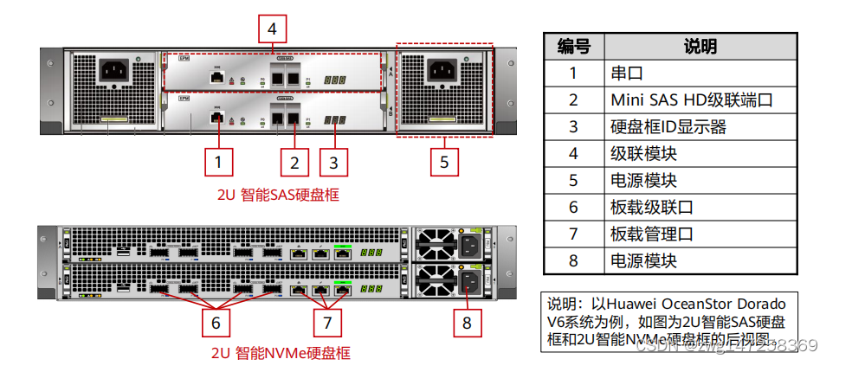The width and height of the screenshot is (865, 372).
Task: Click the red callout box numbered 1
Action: [x=218, y=162]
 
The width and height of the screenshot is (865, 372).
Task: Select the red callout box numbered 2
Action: [x=294, y=162]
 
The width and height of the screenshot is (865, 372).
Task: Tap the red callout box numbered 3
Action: [x=334, y=162]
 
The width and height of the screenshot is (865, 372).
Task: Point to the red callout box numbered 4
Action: [x=272, y=29]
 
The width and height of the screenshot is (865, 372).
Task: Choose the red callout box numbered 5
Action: [x=444, y=162]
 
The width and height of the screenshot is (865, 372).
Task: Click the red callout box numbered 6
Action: [x=216, y=323]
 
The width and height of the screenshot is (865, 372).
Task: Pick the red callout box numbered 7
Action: [x=326, y=323]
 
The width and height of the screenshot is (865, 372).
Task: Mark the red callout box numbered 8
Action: [x=467, y=323]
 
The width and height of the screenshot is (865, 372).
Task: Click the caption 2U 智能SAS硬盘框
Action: [x=277, y=196]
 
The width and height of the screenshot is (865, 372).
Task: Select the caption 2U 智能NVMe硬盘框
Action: [x=281, y=354]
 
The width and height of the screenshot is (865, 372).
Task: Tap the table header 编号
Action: [x=572, y=46]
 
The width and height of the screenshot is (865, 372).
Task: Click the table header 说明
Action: [x=700, y=46]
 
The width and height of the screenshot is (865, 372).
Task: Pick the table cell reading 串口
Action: [x=627, y=73]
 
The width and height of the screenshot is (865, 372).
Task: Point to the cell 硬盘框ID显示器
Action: [x=668, y=127]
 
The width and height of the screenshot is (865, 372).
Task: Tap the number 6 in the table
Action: [x=572, y=208]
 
